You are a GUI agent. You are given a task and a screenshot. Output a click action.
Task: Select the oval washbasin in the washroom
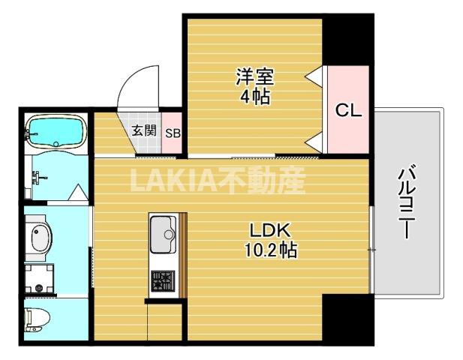tap(38, 238)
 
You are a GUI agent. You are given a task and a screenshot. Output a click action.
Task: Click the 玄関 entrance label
tap(144, 130)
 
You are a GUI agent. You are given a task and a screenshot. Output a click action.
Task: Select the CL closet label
tap(348, 111)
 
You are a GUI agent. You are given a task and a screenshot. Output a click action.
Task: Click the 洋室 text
tap(255, 76)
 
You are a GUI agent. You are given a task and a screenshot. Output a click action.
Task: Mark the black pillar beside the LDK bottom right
tap(347, 318)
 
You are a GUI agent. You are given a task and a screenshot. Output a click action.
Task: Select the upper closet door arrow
tap(314, 75)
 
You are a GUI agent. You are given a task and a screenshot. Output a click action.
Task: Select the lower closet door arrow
tap(314, 140)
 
